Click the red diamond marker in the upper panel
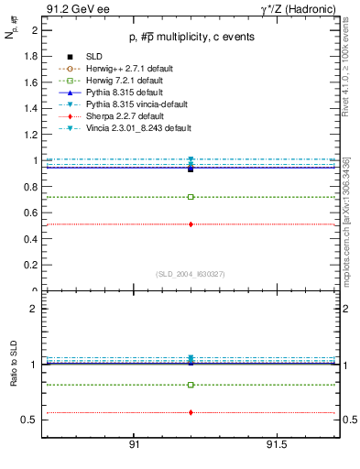(x=191, y=224)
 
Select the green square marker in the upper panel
(x=191, y=197)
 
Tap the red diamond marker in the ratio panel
(x=191, y=412)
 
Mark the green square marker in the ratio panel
(x=191, y=385)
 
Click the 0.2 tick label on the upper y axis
(x=31, y=266)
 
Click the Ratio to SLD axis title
(x=14, y=364)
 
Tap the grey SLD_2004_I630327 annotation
(x=191, y=273)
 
